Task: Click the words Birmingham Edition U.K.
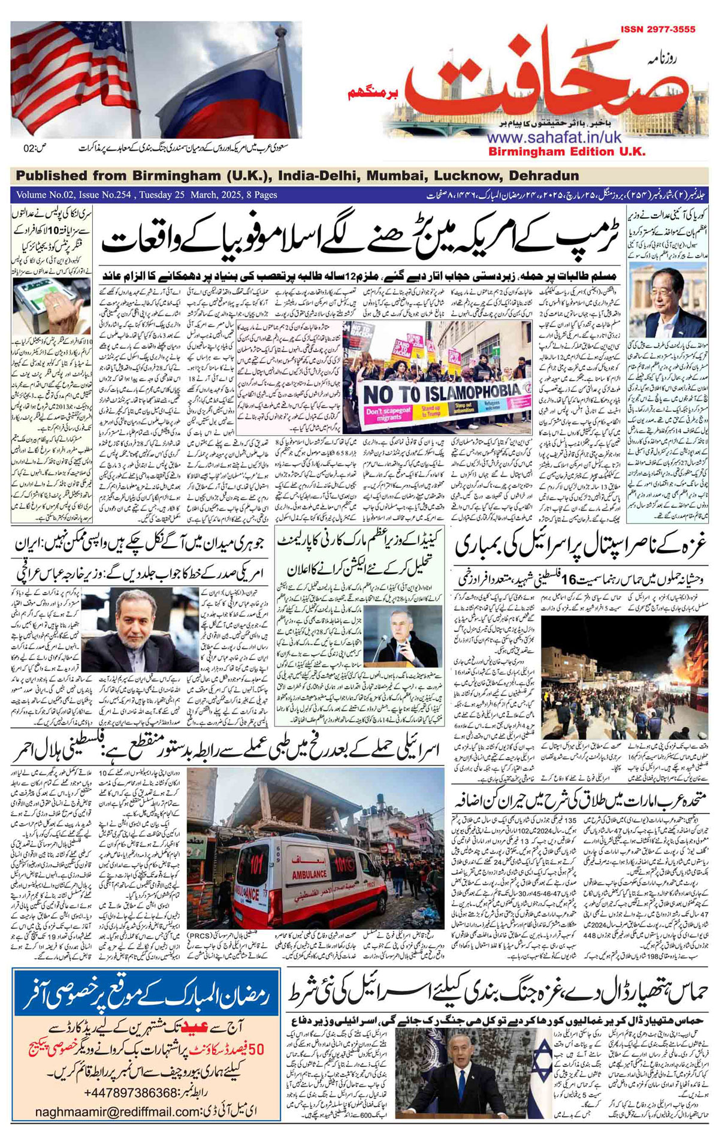567,152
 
